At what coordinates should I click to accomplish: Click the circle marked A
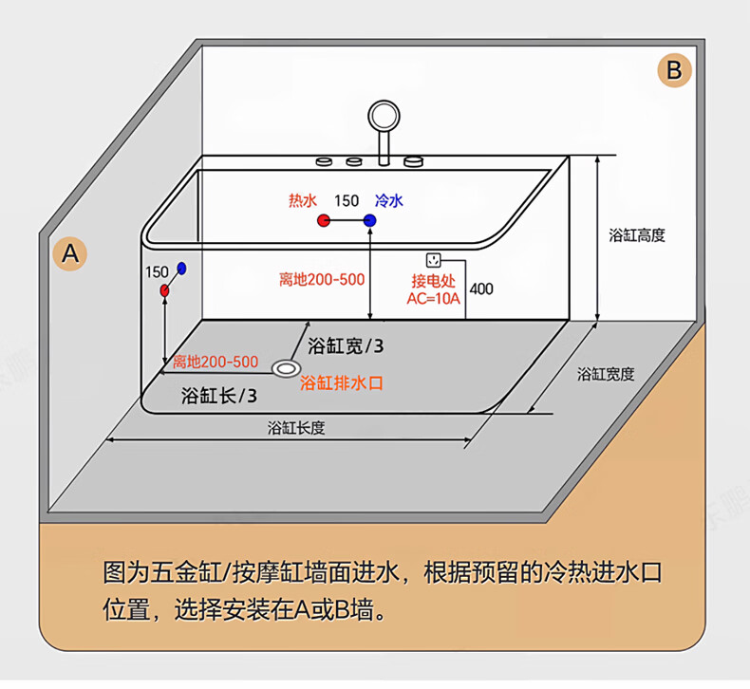pyautogui.click(x=69, y=253)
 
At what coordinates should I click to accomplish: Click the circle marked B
pyautogui.click(x=674, y=70)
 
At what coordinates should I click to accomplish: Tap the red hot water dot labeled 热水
pyautogui.click(x=323, y=220)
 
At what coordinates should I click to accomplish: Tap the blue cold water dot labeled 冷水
pyautogui.click(x=369, y=220)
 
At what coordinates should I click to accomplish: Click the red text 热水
pyautogui.click(x=302, y=200)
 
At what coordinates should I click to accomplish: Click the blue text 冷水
pyautogui.click(x=389, y=200)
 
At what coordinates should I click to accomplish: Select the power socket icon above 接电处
pyautogui.click(x=434, y=259)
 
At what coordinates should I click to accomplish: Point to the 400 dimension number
pyautogui.click(x=481, y=289)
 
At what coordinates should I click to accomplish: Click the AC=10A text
pyautogui.click(x=433, y=298)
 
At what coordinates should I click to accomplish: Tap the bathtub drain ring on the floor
pyautogui.click(x=285, y=366)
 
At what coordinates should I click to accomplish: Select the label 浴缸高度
pyautogui.click(x=637, y=235)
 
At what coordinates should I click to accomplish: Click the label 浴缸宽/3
pyautogui.click(x=347, y=344)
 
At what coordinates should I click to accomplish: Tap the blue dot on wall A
pyautogui.click(x=181, y=270)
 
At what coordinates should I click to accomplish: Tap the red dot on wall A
pyautogui.click(x=165, y=289)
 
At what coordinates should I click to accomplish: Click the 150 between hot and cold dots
pyautogui.click(x=347, y=200)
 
